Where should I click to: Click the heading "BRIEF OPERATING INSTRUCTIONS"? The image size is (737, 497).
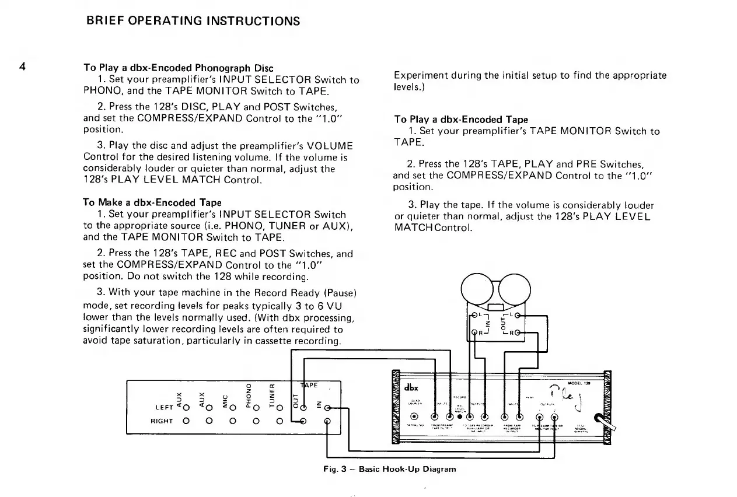coord(193,22)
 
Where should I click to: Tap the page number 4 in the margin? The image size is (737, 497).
coord(22,65)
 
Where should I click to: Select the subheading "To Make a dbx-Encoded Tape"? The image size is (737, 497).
coord(152,202)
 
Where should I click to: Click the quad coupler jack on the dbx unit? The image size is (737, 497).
coord(414,416)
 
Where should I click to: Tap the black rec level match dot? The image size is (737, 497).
coord(460,416)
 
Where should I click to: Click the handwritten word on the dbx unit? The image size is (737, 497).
coord(560,398)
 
